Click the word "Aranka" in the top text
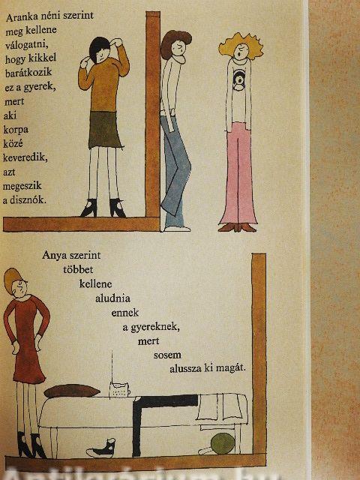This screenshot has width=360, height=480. [20, 17]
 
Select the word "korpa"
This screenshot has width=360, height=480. [16, 130]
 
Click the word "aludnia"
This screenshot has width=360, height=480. [112, 298]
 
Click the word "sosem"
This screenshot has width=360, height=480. [167, 355]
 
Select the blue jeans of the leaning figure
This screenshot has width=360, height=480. [175, 172]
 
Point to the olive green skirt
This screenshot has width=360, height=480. [105, 130]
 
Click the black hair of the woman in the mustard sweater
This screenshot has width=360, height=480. [98, 47]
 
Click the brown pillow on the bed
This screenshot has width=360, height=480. [72, 391]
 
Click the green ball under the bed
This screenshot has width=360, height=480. [223, 443]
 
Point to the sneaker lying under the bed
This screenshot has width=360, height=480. [101, 448]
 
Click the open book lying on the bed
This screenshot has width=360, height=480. [220, 408]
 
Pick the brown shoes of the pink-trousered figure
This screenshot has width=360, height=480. [237, 227]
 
